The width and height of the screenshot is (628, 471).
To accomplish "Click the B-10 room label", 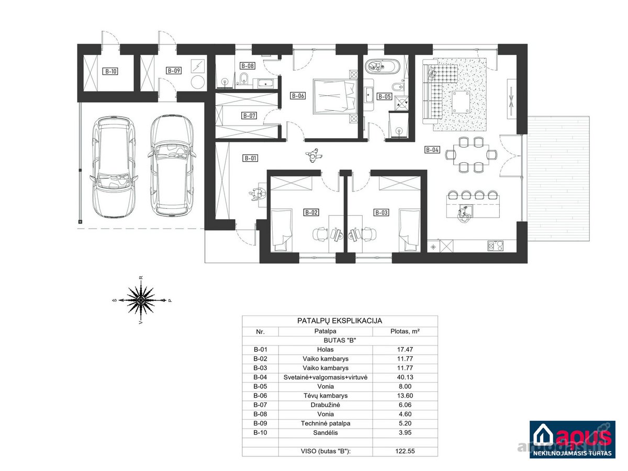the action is [110, 71].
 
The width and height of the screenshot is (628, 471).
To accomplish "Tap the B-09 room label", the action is [174, 70].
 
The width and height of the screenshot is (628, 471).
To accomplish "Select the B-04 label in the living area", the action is [432, 150].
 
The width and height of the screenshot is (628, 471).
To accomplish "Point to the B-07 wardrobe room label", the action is [249, 116].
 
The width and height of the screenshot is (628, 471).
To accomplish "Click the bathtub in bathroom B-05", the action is [382, 66].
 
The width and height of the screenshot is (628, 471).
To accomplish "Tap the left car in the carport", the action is [114, 167].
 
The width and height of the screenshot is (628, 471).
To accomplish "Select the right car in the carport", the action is [172, 165].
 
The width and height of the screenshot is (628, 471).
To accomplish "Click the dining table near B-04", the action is [471, 155].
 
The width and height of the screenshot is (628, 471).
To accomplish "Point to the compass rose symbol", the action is [141, 300].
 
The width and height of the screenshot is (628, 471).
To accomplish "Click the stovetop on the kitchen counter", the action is [495, 245].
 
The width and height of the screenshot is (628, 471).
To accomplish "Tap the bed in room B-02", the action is [282, 230].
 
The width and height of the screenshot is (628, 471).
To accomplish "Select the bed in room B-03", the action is [409, 230].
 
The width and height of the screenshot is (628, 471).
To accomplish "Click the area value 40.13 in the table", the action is [405, 377].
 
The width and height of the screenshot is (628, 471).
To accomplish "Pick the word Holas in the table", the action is [326, 350].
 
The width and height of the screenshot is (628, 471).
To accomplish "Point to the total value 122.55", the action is [405, 451].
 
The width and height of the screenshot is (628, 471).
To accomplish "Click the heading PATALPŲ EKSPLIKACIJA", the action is [340, 321].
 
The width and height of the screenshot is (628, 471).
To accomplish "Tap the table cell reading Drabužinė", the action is [326, 405].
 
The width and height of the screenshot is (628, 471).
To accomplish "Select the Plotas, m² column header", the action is [405, 331].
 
